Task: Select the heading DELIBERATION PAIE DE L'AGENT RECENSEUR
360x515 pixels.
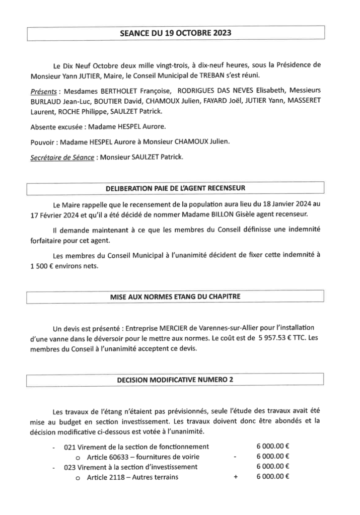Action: (x=175, y=189)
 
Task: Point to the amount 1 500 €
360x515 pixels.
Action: (x=44, y=267)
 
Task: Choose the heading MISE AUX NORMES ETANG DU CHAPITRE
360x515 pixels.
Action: (x=175, y=297)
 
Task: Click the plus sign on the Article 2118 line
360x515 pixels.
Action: (x=235, y=477)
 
